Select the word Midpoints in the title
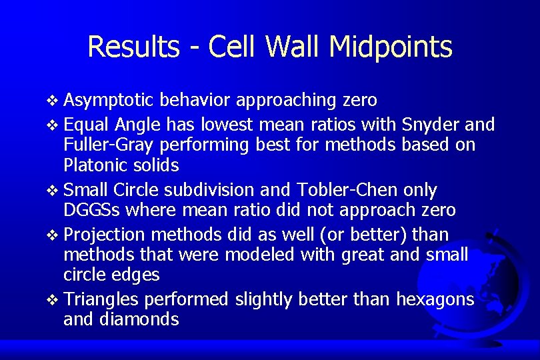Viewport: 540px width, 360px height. [391, 47]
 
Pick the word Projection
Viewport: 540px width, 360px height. [104, 235]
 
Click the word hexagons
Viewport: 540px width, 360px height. [435, 300]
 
